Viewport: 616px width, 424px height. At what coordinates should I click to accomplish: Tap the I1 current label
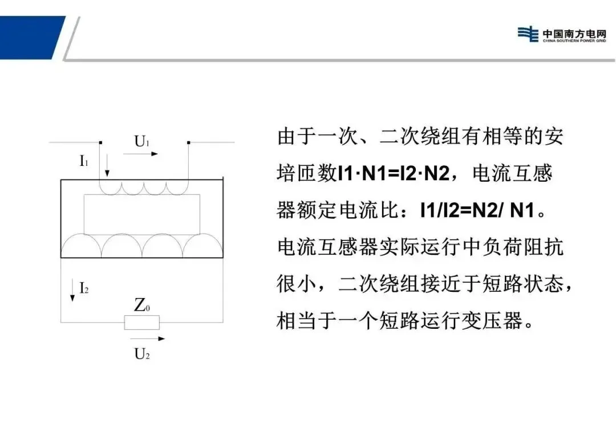pyautogui.click(x=84, y=161)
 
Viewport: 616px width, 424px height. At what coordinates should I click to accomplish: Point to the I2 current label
pyautogui.click(x=84, y=288)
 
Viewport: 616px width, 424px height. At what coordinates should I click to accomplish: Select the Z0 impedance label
pyautogui.click(x=142, y=306)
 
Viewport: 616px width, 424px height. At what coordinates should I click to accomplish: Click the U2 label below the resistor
pyautogui.click(x=142, y=354)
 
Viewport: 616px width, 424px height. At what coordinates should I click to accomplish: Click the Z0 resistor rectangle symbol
pyautogui.click(x=142, y=323)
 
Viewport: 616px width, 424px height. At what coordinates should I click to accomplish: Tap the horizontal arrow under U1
pyautogui.click(x=141, y=154)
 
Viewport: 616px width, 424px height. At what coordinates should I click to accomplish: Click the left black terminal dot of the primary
pyautogui.click(x=100, y=142)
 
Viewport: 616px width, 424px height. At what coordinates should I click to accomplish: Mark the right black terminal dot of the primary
pyautogui.click(x=189, y=142)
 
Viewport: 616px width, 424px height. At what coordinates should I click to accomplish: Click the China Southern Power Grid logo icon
pyautogui.click(x=528, y=34)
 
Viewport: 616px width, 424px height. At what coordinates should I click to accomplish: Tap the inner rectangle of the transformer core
pyautogui.click(x=142, y=214)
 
